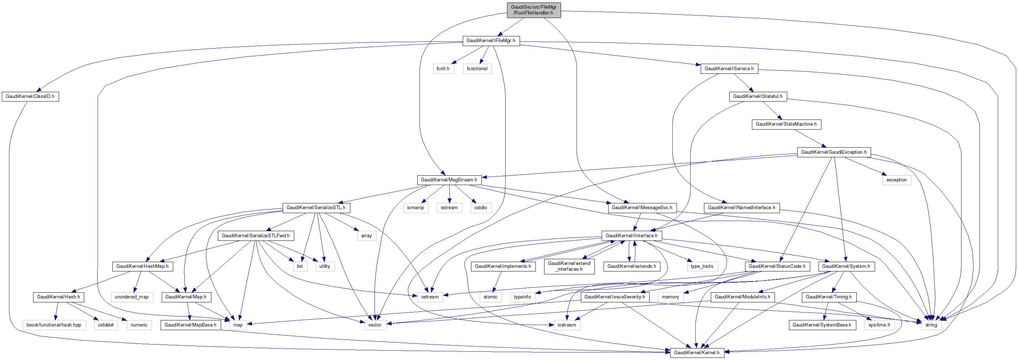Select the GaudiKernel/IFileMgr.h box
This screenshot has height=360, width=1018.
pos(490,41)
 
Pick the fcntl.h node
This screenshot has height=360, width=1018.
pos(443,69)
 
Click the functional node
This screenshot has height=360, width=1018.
pos(477,69)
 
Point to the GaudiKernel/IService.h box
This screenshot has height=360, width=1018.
pos(729,69)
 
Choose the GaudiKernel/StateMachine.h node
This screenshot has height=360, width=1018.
pos(786,125)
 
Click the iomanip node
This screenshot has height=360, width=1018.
pos(415,208)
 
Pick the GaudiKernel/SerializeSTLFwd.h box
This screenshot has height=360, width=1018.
pos(255,236)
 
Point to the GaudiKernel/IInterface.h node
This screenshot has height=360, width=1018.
pos(631,236)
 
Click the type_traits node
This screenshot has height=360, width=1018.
pos(701,266)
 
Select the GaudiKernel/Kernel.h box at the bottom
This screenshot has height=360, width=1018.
pos(696,353)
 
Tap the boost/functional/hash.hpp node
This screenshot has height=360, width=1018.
pos(54,325)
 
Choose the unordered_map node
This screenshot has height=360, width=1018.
pos(131,297)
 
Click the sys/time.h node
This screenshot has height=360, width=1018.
pos(879,325)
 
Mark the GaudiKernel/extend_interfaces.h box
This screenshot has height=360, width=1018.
pos(569,266)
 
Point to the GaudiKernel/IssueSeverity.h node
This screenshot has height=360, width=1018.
pos(615,297)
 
